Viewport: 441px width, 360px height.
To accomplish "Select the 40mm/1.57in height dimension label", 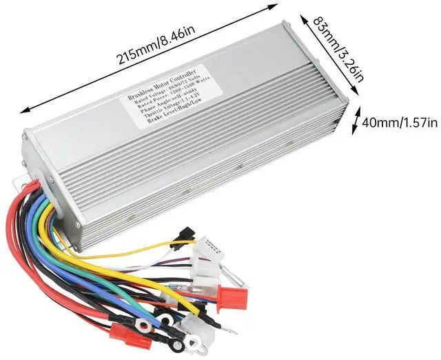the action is click(399, 123).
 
